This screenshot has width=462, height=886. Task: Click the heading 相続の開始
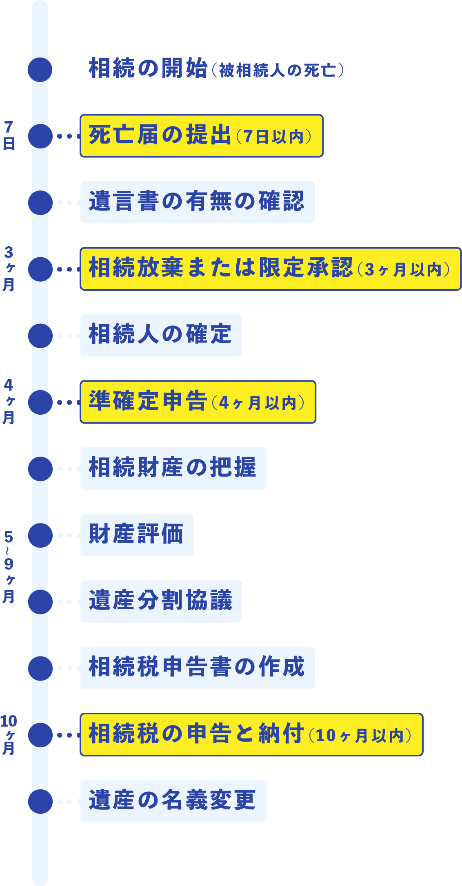[148, 68]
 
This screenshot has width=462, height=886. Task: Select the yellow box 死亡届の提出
[202, 136]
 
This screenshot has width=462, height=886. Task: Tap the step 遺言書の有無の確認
[197, 202]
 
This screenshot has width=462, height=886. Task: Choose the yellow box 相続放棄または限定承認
[270, 269]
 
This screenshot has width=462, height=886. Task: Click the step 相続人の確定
[161, 335]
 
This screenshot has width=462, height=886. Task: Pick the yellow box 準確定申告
[198, 402]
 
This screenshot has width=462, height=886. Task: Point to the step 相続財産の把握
[173, 468]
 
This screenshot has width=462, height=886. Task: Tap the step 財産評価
[137, 535]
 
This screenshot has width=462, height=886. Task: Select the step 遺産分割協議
[161, 601]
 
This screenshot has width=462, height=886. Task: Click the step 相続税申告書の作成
[197, 668]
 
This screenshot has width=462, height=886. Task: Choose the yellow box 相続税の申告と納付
[251, 734]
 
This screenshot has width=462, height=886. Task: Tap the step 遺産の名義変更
[173, 801]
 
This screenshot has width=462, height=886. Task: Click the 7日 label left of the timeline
[9, 136]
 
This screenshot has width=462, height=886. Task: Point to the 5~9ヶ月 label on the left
[9, 567]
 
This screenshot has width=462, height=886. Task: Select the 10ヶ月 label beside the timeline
[9, 734]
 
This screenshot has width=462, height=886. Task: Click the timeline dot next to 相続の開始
[40, 69]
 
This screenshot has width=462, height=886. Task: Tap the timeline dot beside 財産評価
[40, 535]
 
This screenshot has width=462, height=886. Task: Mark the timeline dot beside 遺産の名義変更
[40, 801]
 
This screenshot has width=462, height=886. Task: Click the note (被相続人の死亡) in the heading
[278, 71]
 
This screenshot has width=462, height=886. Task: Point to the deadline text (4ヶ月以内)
[258, 403]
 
